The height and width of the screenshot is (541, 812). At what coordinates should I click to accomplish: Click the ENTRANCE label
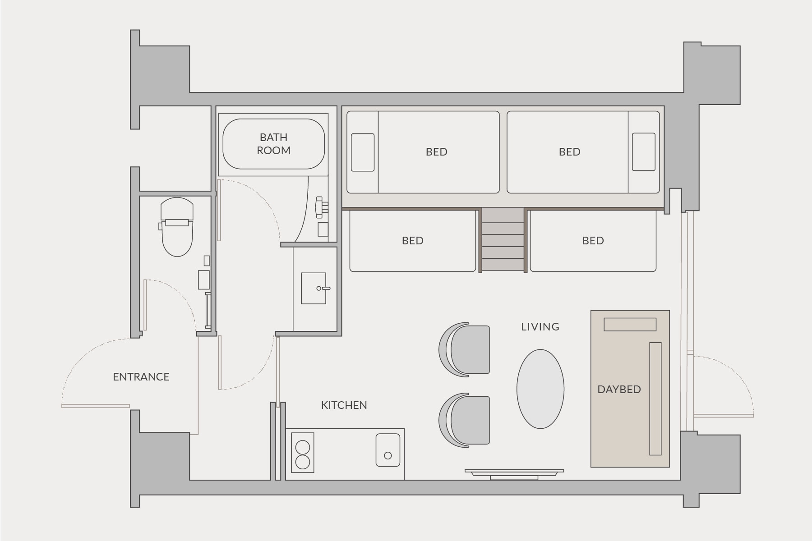[141, 377]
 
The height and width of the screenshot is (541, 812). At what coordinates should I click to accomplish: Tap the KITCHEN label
[344, 405]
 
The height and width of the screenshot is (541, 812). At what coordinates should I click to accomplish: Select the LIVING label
[540, 327]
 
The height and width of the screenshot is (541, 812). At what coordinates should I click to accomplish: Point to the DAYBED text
[619, 390]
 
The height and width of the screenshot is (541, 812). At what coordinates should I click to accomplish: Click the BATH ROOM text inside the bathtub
[273, 144]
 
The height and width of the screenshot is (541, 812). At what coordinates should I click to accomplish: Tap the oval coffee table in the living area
[540, 389]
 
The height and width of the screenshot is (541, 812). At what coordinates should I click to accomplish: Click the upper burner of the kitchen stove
[302, 447]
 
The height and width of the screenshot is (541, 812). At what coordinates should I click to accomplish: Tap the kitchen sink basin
[388, 450]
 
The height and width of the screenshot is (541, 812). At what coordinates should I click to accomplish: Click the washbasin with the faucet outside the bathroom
[313, 288]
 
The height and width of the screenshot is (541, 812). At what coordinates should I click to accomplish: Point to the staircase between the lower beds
[503, 240]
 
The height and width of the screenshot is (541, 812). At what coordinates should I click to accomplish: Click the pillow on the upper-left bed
[363, 152]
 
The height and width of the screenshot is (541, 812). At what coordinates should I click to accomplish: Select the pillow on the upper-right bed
[643, 152]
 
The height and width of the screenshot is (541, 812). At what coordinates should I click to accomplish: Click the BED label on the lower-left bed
[412, 241]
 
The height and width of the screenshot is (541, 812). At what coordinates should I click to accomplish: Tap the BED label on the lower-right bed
[593, 241]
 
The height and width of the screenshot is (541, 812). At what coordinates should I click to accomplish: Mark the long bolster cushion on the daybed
[655, 399]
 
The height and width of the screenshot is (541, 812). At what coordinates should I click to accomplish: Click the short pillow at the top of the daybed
[630, 325]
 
